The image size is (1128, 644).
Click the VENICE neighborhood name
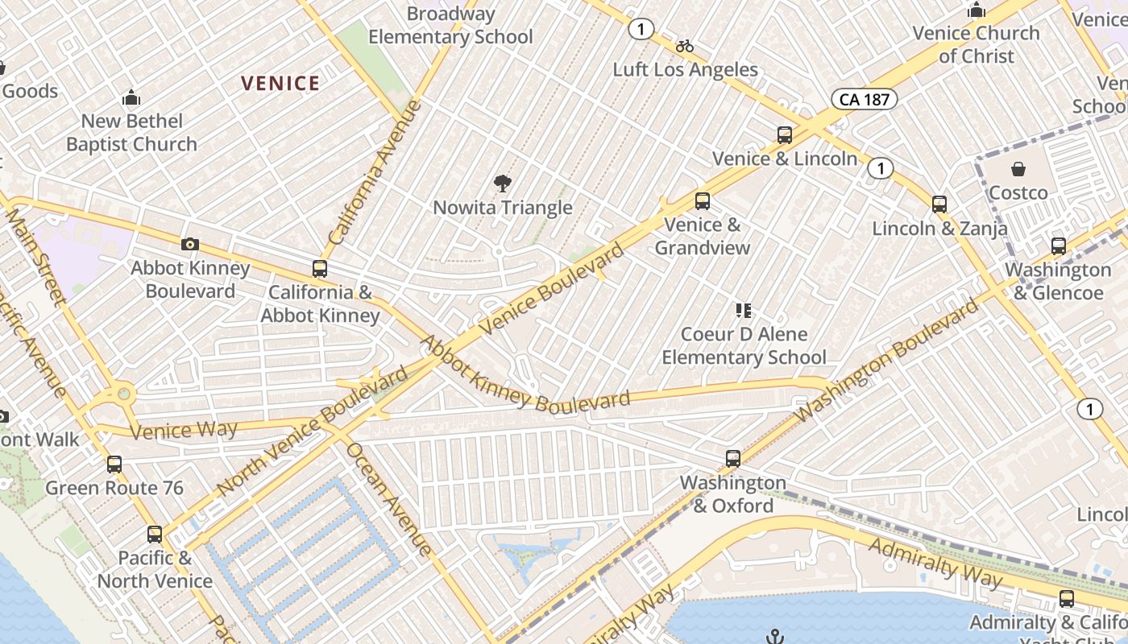tap(280, 84)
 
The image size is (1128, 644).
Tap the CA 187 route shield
tap(865, 99)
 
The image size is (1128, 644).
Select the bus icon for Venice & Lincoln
tap(785, 135)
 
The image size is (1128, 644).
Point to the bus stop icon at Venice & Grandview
tap(703, 201)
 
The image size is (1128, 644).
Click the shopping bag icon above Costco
tap(1018, 169)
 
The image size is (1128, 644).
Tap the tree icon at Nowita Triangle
tap(503, 184)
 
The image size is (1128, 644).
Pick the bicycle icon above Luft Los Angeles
tap(685, 46)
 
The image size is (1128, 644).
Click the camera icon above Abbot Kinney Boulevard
tap(190, 244)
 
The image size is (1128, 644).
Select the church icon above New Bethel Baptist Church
tap(131, 98)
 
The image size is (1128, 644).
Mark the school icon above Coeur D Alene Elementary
tap(744, 310)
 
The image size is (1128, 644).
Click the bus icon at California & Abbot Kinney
tap(320, 269)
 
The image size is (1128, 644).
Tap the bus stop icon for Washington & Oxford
tap(733, 459)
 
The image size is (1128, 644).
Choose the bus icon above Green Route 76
tap(114, 464)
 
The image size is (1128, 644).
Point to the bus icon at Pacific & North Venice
tap(155, 535)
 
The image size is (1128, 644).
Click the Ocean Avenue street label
tap(389, 498)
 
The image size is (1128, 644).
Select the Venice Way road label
tap(184, 430)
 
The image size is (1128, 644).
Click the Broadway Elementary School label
tap(450, 25)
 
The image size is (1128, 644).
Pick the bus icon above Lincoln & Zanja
tap(939, 204)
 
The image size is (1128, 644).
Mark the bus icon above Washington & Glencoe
tap(1059, 246)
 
